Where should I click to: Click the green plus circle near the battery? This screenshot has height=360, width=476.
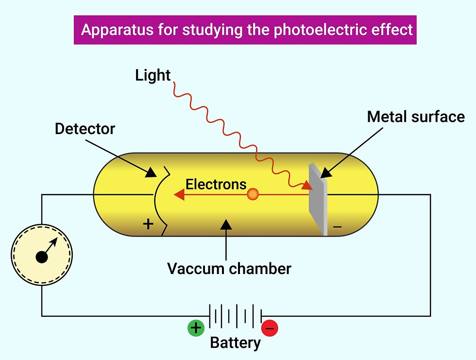click(196, 328)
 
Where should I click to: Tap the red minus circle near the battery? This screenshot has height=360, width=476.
click(270, 328)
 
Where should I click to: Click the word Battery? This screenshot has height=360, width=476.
click(235, 343)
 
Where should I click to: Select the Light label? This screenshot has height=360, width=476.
click(153, 75)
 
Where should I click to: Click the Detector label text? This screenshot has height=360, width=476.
click(85, 129)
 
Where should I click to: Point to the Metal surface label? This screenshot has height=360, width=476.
click(416, 117)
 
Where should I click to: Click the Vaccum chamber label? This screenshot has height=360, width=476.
click(229, 269)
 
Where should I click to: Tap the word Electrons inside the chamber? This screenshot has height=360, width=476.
click(216, 184)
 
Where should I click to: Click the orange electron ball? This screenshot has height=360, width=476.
click(253, 195)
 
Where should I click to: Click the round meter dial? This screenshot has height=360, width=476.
click(42, 255)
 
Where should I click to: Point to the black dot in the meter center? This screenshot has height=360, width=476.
click(42, 257)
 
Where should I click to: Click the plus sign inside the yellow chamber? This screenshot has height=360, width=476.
click(148, 224)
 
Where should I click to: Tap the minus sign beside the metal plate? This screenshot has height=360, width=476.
click(338, 227)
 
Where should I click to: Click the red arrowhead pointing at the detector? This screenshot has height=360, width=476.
click(179, 195)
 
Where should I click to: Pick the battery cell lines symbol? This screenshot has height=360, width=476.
click(236, 316)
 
